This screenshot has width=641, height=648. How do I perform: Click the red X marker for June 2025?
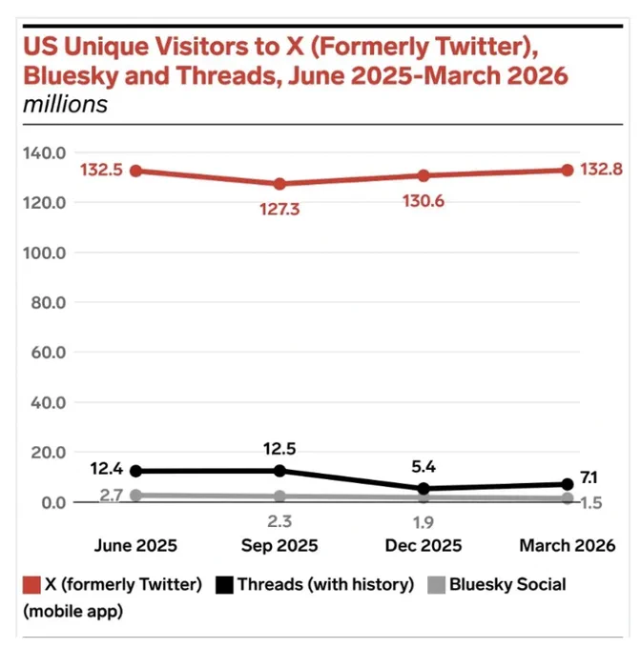[135, 171]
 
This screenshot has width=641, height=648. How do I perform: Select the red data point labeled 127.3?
[279, 184]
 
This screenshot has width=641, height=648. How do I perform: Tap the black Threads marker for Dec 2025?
[424, 489]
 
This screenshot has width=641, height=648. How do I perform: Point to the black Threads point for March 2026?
[568, 484]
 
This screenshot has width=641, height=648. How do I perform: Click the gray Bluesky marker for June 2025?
[135, 496]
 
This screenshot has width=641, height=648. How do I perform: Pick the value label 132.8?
[601, 170]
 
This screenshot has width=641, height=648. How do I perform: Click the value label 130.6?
[424, 201]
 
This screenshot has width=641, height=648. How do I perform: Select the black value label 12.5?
[279, 449]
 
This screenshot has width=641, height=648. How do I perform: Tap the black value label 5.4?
[424, 467]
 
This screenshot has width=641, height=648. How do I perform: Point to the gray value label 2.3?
[279, 521]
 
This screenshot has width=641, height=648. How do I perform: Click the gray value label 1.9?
[424, 523]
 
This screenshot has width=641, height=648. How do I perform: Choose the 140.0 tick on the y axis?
[44, 153]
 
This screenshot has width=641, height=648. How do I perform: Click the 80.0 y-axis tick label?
[49, 303]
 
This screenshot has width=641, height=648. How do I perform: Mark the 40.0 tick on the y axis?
[49, 402]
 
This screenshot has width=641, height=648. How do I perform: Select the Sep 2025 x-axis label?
[279, 545]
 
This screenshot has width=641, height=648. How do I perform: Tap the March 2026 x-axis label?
[568, 545]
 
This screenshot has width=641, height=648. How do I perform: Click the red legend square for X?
[31, 585]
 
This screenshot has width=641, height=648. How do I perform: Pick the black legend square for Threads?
[224, 585]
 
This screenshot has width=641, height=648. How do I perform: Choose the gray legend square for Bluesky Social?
[436, 585]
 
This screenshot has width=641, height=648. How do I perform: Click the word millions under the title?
[66, 104]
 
